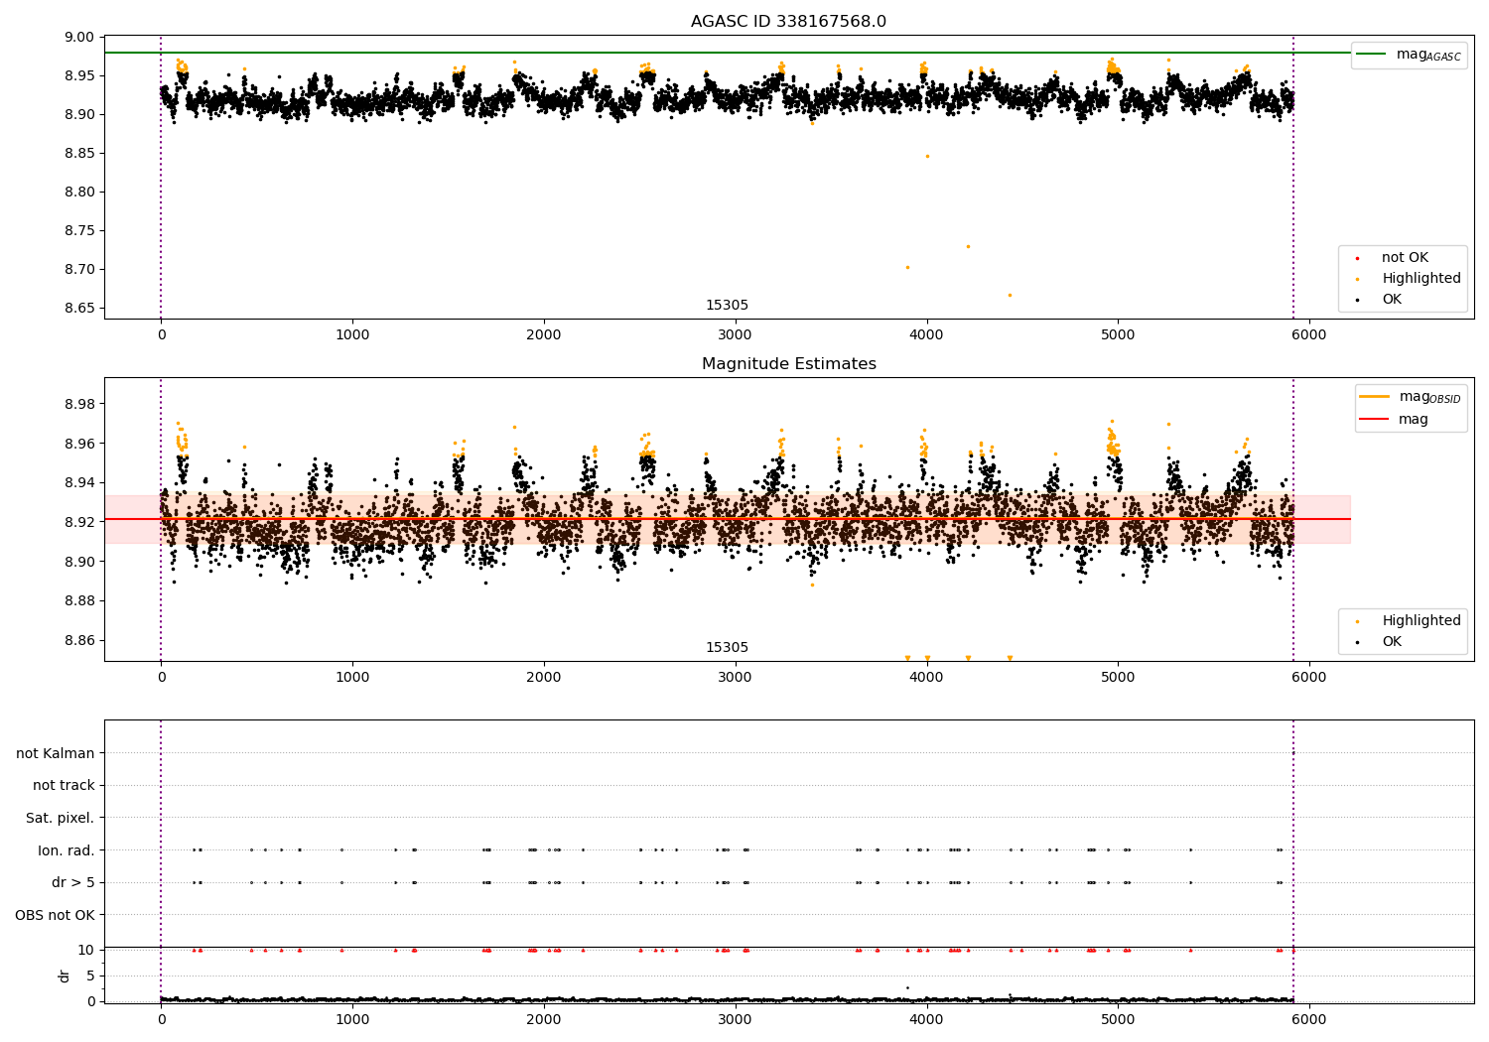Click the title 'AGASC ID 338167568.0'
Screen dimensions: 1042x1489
788,22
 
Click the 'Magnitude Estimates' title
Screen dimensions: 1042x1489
788,364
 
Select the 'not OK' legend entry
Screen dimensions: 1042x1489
1405,258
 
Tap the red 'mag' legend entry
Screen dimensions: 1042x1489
1413,419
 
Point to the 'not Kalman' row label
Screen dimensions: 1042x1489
55,753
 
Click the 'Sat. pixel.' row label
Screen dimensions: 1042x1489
60,818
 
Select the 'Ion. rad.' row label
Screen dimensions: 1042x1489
66,850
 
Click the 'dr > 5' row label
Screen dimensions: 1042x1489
72,882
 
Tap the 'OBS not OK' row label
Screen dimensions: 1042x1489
55,915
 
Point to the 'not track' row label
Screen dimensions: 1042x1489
64,785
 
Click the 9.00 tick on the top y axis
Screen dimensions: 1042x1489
78,38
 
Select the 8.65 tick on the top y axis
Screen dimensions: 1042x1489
78,308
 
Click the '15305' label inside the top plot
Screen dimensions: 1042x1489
727,305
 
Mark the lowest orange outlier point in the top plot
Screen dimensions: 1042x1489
1010,295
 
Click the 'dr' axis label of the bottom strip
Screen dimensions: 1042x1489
65,976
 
